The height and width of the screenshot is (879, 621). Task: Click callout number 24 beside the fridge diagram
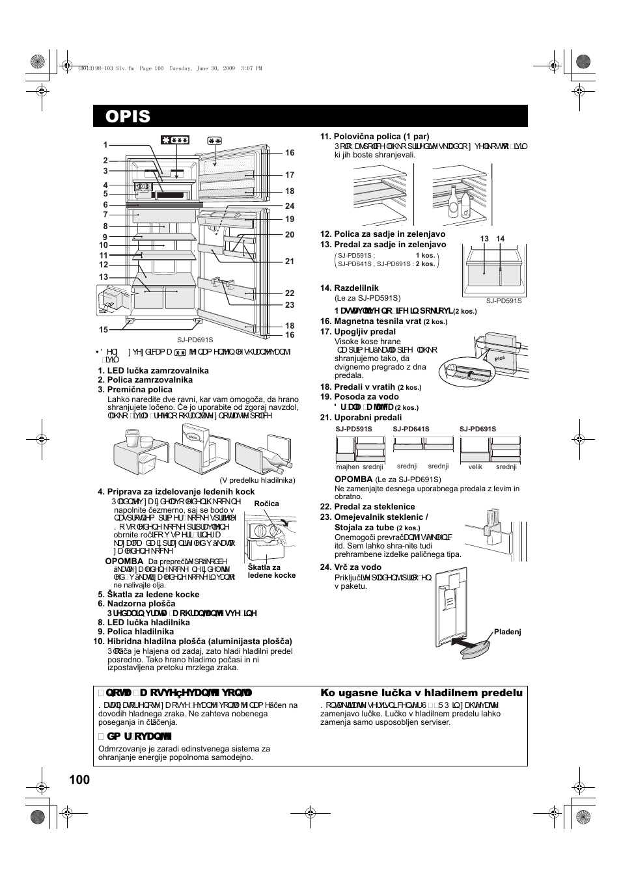290,206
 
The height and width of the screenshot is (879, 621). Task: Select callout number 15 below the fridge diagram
103,330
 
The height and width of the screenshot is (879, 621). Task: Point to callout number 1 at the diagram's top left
105,145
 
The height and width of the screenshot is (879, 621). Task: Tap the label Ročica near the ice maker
266,504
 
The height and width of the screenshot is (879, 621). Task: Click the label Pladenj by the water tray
508,632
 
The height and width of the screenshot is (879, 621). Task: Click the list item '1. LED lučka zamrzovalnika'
153,370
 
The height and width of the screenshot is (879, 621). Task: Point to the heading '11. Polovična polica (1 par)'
374,137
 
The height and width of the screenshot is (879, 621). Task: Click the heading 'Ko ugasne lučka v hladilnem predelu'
421,694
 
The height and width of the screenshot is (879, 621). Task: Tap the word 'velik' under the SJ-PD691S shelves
475,467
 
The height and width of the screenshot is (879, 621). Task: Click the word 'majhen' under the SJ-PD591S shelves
348,467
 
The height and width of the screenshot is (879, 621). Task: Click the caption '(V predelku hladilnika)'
258,480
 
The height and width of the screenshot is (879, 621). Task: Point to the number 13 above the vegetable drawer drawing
484,239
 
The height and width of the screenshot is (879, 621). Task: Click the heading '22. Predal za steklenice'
367,507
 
